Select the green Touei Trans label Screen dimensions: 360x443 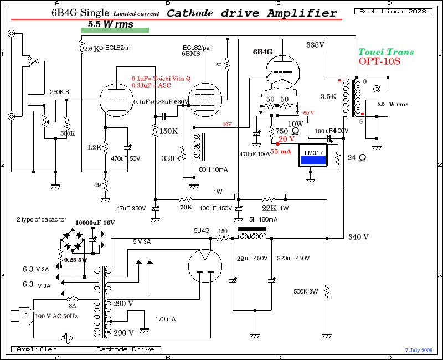coord(386,52)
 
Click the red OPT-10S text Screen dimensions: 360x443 coord(379,61)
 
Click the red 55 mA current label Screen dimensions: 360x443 coord(281,151)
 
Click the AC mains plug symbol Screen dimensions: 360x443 coord(25,317)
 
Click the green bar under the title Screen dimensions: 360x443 coord(114,30)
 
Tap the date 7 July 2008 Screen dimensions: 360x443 coord(418,350)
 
